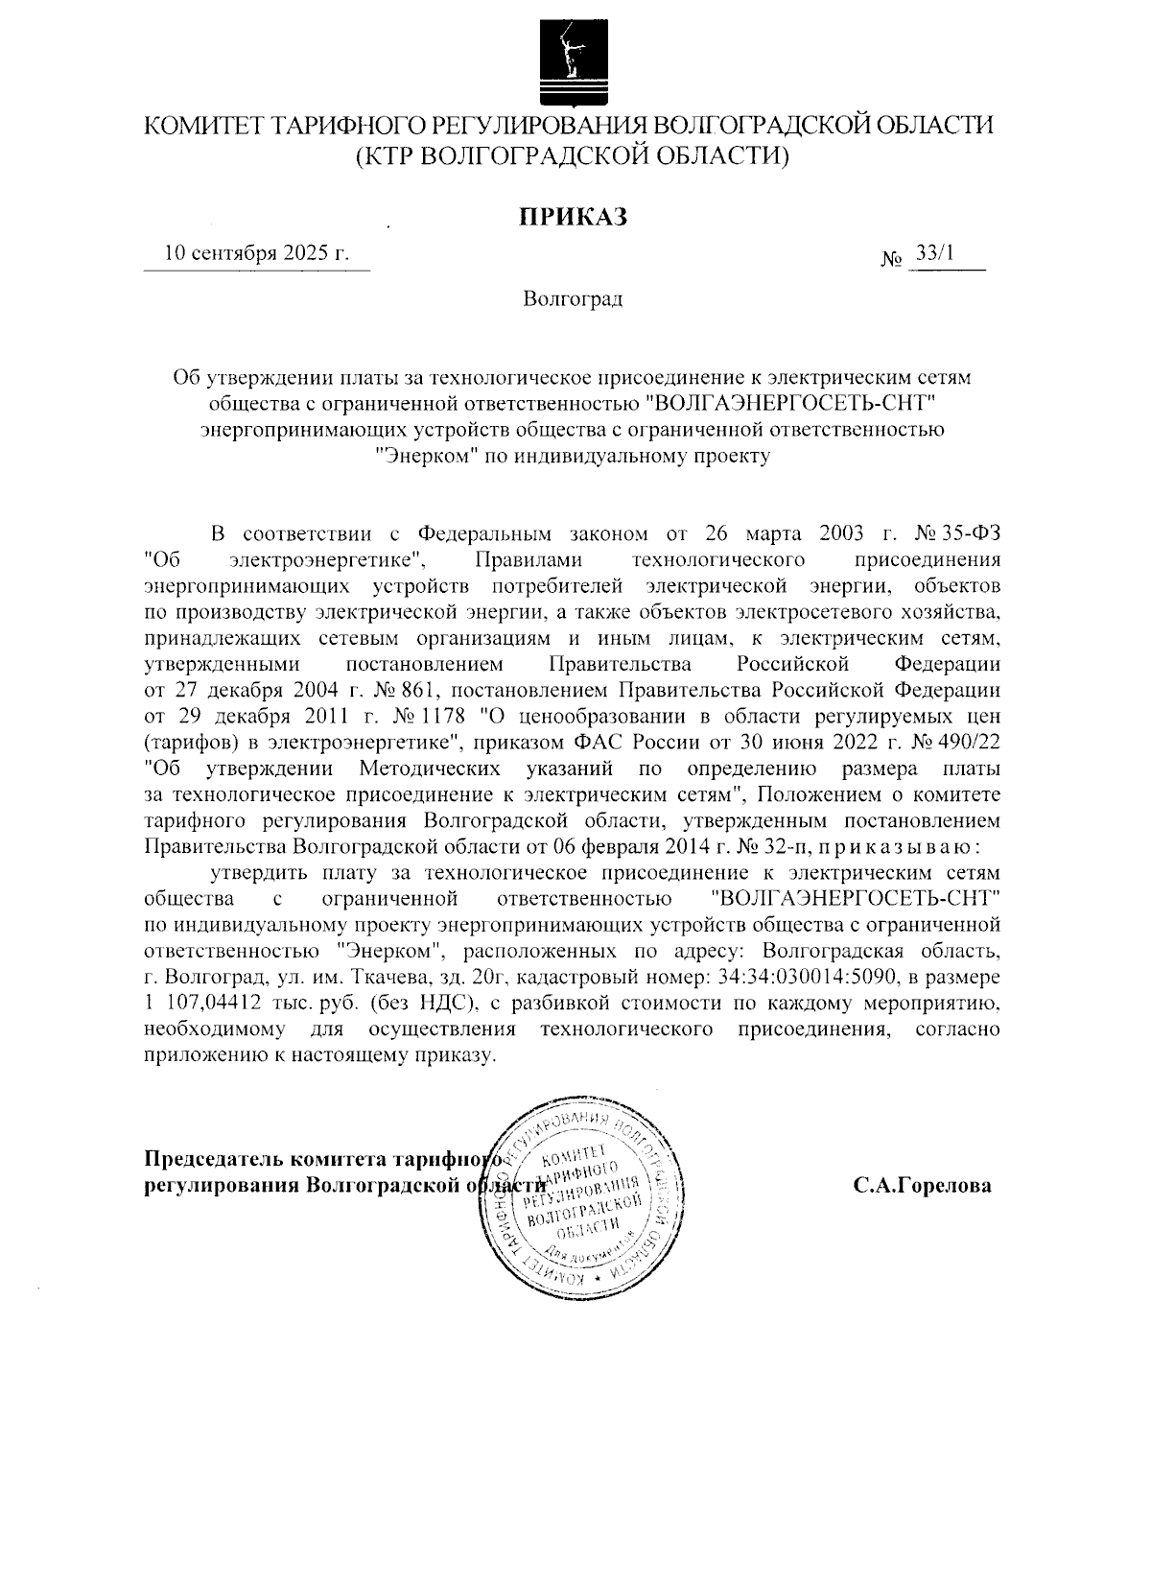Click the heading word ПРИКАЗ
(573, 218)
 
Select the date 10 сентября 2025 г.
(256, 254)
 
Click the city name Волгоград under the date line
(573, 299)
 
